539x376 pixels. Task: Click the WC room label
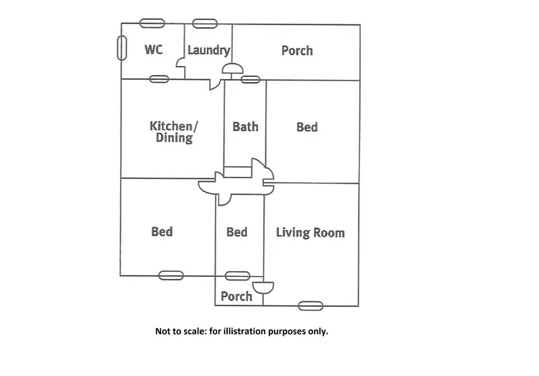pos(153,50)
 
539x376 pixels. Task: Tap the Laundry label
pos(208,50)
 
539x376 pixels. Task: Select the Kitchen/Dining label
pos(173,132)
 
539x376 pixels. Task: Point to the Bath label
pos(245,127)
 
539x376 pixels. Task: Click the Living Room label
pos(310,232)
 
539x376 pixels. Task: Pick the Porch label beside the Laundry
pos(297,50)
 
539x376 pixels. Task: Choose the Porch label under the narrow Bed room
pos(236,296)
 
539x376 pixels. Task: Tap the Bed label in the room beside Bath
pos(307,127)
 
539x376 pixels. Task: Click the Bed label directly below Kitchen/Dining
pos(162,231)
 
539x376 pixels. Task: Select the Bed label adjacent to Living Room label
pos(236,231)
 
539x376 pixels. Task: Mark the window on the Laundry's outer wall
pos(204,24)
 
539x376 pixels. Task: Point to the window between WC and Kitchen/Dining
pos(159,78)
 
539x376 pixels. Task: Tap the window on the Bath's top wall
pos(250,79)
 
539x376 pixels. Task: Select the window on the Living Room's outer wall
pos(310,306)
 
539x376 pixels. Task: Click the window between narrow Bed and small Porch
pos(237,275)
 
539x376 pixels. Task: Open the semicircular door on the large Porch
pos(232,70)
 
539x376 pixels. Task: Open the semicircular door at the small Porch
pos(263,288)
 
